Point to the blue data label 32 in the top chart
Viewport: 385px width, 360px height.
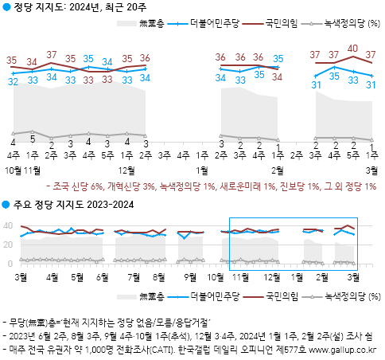13,81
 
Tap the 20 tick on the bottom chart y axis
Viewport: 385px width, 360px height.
10,245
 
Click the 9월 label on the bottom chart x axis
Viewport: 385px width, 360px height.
189,276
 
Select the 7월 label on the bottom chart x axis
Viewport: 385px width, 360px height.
134,276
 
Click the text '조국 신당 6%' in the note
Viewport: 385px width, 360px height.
80,188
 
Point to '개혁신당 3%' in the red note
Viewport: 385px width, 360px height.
134,188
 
